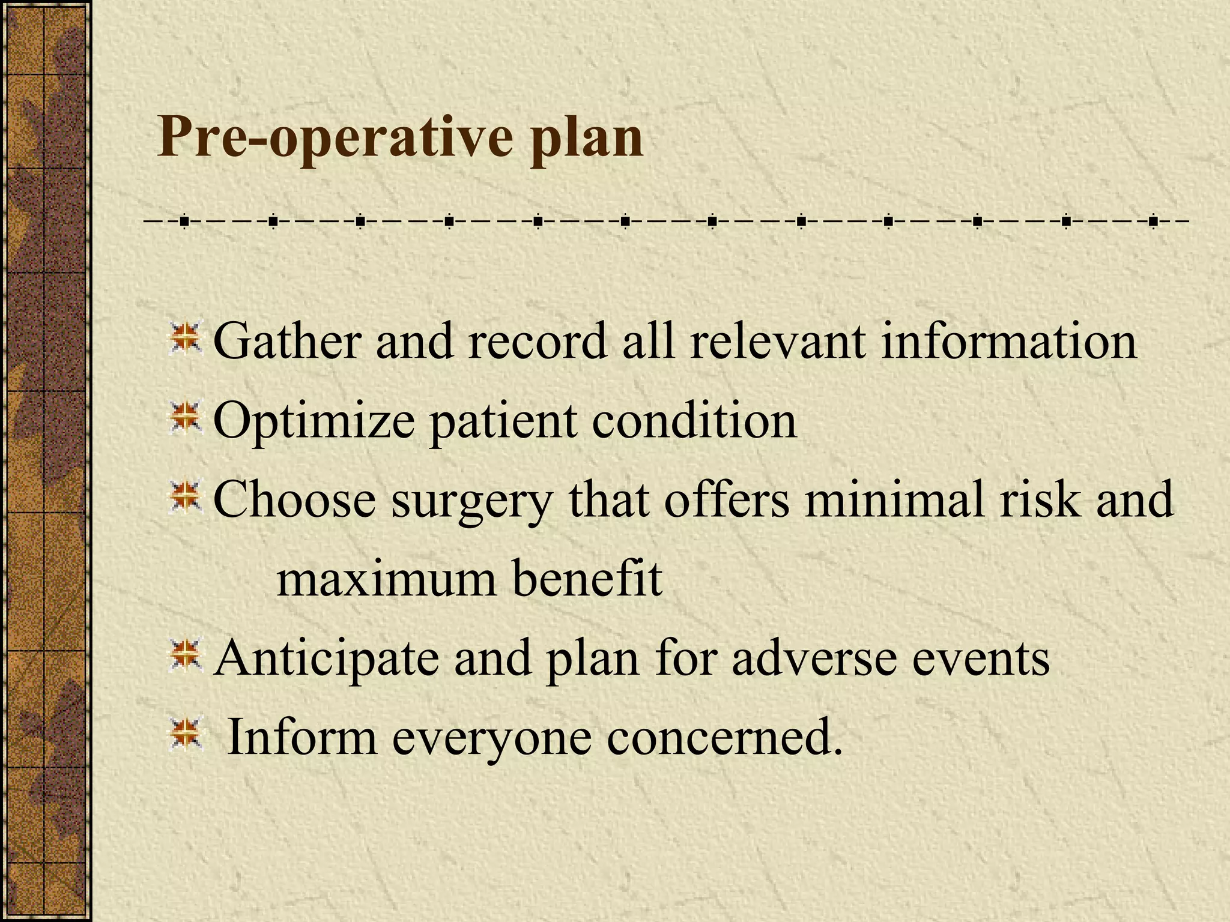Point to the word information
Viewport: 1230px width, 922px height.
(1008, 341)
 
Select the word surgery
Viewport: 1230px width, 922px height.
(472, 502)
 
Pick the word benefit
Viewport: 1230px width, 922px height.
(587, 579)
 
